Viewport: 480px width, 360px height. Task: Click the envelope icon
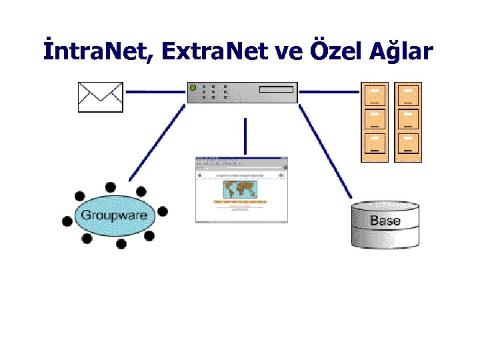pyautogui.click(x=101, y=97)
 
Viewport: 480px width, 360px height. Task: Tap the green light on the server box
pyautogui.click(x=193, y=87)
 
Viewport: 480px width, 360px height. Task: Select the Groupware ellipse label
pyautogui.click(x=113, y=215)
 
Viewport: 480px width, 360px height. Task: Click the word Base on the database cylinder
pyautogui.click(x=385, y=221)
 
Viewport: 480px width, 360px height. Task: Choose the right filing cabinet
pyautogui.click(x=408, y=121)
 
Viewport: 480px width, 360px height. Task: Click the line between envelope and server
pyautogui.click(x=155, y=91)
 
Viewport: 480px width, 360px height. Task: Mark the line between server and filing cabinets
pyautogui.click(x=329, y=91)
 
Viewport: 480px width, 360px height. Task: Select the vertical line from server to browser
pyautogui.click(x=245, y=136)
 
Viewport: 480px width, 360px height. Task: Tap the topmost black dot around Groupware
pyautogui.click(x=110, y=187)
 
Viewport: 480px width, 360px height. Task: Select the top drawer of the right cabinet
pyautogui.click(x=408, y=95)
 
